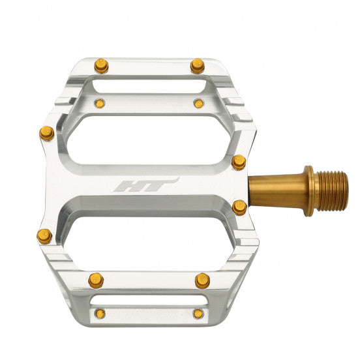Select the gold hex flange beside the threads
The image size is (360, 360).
coord(309,190)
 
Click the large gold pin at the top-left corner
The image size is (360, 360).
coord(100,65)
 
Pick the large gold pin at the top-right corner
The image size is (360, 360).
coord(198,65)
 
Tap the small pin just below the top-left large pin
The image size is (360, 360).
coord(100,102)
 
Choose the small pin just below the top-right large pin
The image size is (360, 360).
coord(198,103)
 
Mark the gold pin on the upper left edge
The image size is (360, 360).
coord(46,134)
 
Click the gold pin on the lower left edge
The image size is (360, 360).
coord(44,235)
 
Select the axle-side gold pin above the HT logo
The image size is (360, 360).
coord(239,162)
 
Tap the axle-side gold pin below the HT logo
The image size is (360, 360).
coord(240,207)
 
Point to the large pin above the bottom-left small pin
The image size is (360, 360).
coord(96,280)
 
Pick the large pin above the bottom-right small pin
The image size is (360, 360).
coord(202,280)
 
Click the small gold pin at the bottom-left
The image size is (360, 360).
coord(99,314)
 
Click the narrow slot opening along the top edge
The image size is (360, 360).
coord(149,85)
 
